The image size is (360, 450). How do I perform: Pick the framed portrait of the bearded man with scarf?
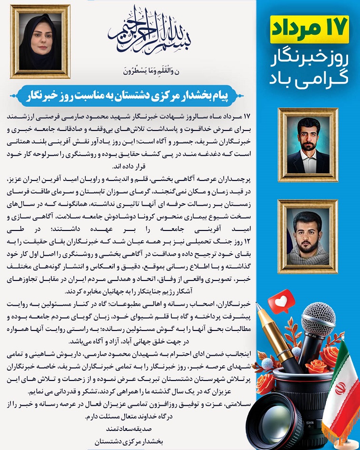pyautogui.click(x=308, y=236)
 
